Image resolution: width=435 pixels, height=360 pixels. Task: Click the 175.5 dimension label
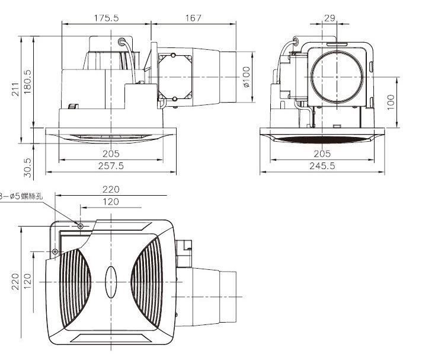(107, 18)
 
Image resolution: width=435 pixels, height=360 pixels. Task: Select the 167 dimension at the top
(194, 18)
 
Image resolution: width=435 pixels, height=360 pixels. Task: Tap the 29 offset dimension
(330, 18)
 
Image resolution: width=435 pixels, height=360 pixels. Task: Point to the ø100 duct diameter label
(247, 77)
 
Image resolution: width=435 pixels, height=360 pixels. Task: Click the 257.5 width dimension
(111, 167)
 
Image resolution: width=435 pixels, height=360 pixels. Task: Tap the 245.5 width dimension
(322, 167)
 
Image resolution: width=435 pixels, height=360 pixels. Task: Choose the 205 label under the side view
(111, 154)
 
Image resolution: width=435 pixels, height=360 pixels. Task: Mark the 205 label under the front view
(322, 154)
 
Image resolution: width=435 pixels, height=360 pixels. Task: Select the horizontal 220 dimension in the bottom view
(110, 190)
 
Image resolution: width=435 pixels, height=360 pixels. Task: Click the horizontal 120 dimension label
(110, 202)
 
